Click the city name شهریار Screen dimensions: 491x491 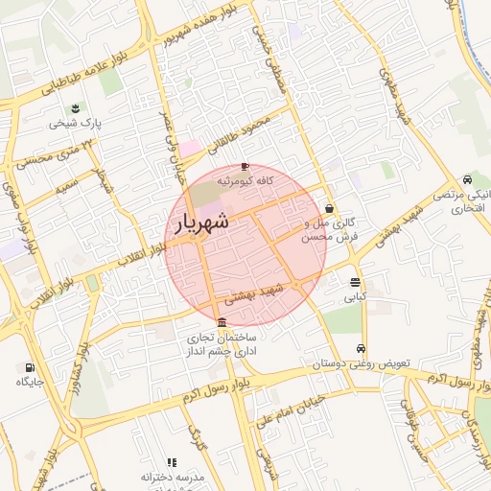pos(202,222)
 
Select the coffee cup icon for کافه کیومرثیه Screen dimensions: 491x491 pos(245,165)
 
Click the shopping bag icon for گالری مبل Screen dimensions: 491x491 pos(330,208)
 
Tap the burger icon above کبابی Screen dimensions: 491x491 pos(356,282)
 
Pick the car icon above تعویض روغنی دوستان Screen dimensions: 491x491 pos(361,349)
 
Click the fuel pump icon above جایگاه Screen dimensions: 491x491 pos(30,367)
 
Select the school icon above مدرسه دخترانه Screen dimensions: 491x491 pos(172,462)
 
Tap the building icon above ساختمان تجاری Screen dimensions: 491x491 pos(222,321)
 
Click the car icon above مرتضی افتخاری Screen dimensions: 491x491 pos(466,179)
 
